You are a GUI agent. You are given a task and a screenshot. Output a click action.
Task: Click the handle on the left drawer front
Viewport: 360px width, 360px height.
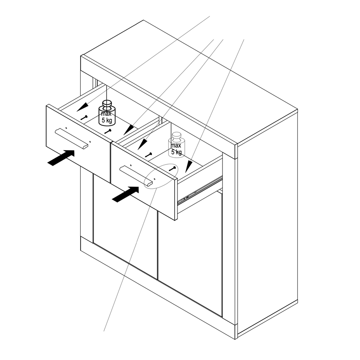[71, 139]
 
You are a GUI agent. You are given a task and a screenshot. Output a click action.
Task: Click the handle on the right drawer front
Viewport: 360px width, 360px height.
[136, 176]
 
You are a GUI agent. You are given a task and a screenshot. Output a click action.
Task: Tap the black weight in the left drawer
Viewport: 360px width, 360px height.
[107, 113]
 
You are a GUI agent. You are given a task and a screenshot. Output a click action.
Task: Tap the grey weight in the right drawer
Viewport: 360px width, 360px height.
[176, 145]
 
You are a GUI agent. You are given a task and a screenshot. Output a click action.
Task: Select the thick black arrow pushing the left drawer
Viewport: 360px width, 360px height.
[61, 158]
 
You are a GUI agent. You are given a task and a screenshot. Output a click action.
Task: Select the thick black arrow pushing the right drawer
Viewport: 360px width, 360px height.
[126, 194]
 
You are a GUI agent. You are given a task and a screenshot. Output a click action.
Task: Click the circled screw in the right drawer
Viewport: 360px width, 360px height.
[173, 169]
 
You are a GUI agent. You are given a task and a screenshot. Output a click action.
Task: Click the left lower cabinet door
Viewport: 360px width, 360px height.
[125, 226]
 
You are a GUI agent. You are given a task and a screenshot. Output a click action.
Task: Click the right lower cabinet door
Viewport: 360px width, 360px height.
[190, 255]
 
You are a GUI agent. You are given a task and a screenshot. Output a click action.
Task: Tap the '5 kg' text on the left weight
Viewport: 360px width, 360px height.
[107, 120]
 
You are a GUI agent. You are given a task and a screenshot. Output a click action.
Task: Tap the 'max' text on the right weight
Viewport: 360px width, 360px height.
[176, 145]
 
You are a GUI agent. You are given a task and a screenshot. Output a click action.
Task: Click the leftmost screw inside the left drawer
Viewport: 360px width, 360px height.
[84, 118]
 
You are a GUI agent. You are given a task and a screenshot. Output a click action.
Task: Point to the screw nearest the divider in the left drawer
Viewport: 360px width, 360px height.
[108, 131]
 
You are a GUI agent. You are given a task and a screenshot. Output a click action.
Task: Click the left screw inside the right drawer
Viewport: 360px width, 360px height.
[149, 155]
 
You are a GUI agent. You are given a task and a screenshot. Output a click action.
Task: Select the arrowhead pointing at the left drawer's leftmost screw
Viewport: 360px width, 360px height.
[82, 107]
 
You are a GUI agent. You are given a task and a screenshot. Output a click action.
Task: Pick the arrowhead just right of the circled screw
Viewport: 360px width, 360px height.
[189, 167]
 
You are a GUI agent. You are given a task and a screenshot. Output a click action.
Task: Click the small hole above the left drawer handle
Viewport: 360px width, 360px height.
[66, 128]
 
